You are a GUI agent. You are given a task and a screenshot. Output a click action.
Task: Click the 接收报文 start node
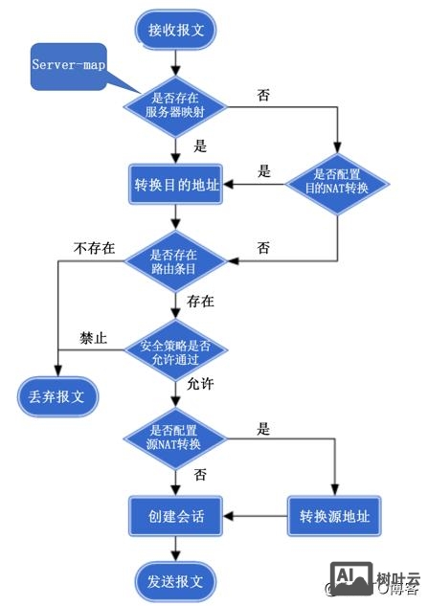(175, 30)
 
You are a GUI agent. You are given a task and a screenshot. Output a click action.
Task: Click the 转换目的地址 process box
(175, 185)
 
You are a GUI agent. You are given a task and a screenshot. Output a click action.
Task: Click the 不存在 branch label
(95, 249)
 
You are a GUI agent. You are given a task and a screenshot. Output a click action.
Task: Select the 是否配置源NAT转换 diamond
(175, 438)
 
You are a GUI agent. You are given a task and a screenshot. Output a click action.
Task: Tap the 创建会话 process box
(175, 516)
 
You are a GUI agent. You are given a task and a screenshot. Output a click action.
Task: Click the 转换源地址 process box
(334, 516)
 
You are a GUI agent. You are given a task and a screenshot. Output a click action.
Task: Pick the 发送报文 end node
(175, 580)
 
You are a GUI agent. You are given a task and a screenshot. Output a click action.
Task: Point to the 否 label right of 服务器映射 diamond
(263, 96)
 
